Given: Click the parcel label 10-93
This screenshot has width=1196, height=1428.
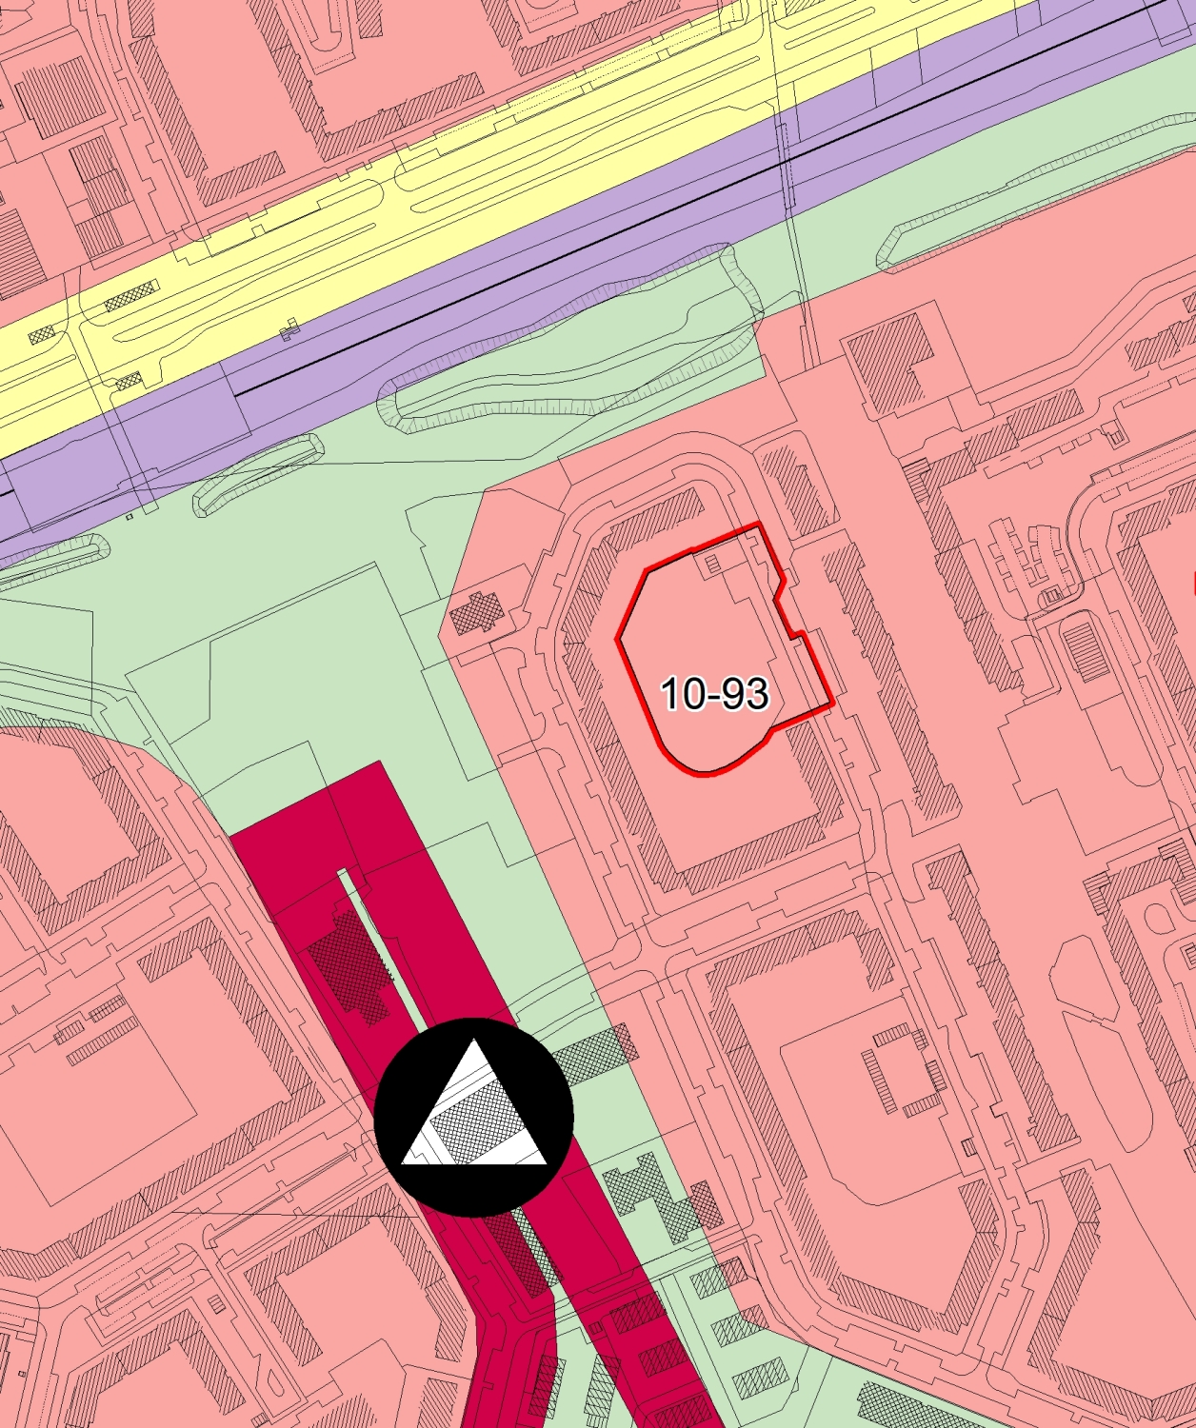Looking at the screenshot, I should pos(714,693).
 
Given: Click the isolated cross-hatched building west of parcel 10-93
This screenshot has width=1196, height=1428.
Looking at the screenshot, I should pos(477,613).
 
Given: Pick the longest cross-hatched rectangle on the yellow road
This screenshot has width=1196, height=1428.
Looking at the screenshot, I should pos(130,296).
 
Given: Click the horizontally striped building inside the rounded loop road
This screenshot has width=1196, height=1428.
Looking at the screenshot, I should pos(1085,648).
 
